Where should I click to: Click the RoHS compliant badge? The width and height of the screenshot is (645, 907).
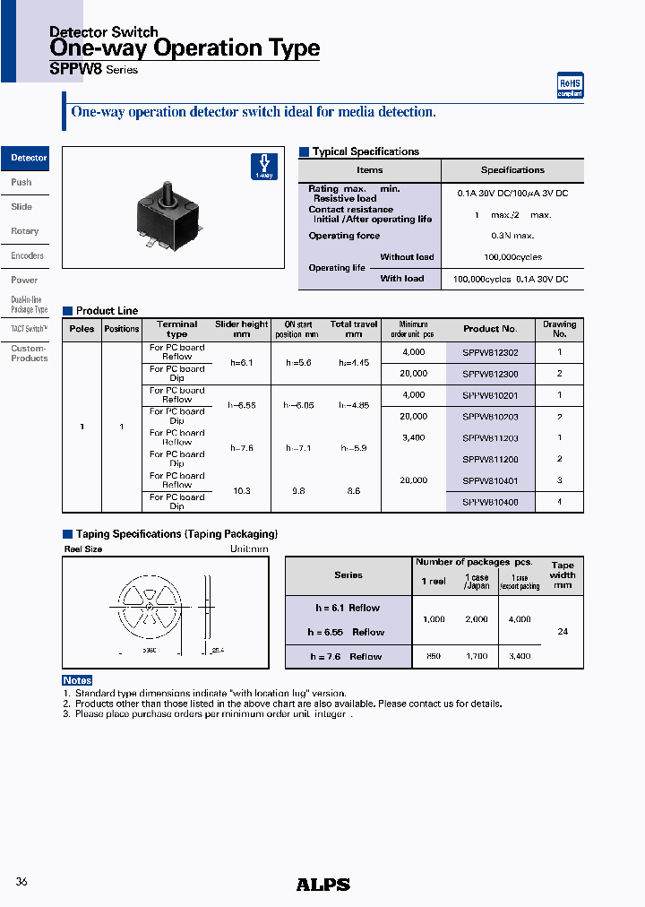570,85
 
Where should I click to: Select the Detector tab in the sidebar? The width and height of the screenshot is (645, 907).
26,159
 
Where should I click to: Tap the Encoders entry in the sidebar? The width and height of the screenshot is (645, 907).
27,256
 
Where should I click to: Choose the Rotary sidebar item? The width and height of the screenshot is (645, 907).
25,231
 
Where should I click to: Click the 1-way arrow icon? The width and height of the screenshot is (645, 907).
263,167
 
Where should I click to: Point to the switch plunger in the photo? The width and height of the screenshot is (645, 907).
167,193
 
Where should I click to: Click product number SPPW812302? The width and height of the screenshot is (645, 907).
490,353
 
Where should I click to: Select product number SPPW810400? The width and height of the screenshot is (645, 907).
490,503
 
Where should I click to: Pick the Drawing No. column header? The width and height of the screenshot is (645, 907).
559,329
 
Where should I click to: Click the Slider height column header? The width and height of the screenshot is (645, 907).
241,329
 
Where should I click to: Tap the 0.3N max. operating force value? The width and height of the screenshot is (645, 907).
512,236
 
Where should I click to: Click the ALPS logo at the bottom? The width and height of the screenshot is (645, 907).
322,885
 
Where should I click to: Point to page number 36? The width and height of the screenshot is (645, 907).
21,882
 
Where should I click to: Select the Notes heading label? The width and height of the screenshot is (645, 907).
77,681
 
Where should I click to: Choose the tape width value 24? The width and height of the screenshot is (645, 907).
562,632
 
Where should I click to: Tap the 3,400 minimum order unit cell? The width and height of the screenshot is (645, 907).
413,438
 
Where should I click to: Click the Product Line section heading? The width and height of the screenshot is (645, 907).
107,311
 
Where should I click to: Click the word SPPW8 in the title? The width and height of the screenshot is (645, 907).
75,69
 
